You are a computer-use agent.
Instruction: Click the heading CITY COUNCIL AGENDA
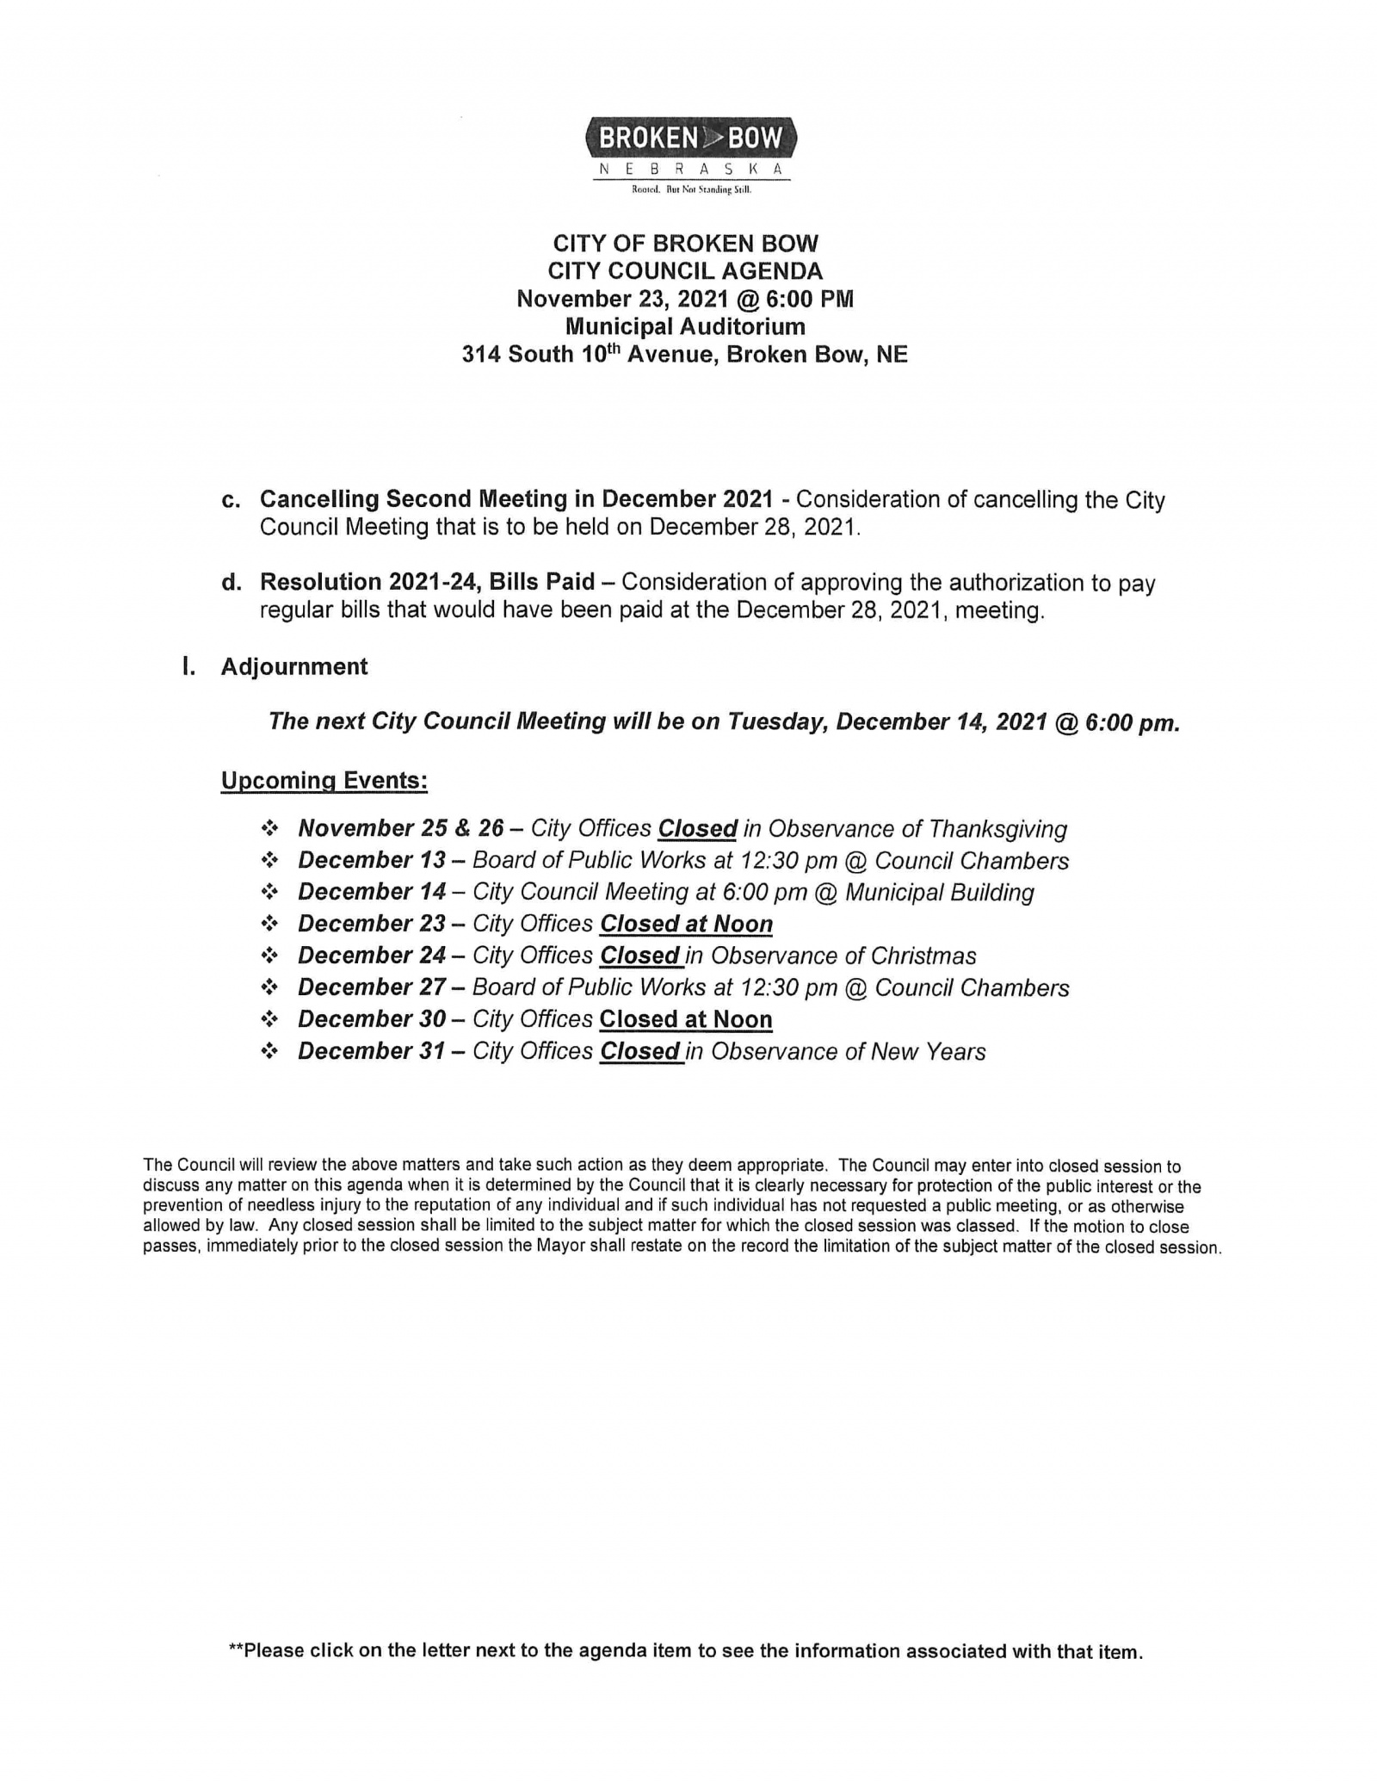pyautogui.click(x=685, y=271)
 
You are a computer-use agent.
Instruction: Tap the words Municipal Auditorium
pyautogui.click(x=685, y=326)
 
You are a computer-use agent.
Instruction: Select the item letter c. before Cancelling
pyautogui.click(x=231, y=500)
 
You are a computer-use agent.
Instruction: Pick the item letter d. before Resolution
pyautogui.click(x=231, y=583)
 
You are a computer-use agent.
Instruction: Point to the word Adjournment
pyautogui.click(x=294, y=667)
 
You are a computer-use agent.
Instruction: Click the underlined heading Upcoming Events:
pyautogui.click(x=324, y=781)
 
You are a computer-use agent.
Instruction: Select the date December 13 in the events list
pyautogui.click(x=372, y=861)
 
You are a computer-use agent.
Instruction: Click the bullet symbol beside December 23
pyautogui.click(x=270, y=924)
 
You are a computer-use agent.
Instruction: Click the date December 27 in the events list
pyautogui.click(x=372, y=988)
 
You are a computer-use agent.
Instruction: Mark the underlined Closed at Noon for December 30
pyautogui.click(x=686, y=1020)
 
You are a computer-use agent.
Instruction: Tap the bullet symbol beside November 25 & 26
pyautogui.click(x=270, y=829)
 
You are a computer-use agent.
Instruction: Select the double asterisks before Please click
pyautogui.click(x=236, y=1651)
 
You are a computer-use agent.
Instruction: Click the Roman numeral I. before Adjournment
pyautogui.click(x=188, y=667)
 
